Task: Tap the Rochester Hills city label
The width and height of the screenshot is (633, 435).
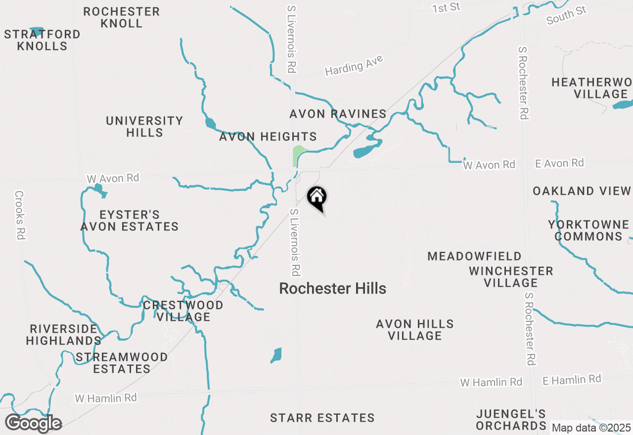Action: [x=332, y=289]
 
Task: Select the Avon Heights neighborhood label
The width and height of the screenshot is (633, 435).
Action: [x=268, y=137]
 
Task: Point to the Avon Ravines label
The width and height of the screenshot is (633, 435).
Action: [x=338, y=114]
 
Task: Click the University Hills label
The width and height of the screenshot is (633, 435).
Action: [x=144, y=127]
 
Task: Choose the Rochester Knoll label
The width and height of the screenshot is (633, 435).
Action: [x=121, y=17]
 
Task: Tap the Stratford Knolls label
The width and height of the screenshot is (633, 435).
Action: [x=42, y=40]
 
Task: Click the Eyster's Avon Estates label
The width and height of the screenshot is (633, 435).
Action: [x=130, y=220]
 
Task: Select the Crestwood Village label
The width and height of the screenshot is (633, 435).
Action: [x=183, y=311]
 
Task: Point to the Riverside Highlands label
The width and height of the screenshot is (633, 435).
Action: [x=63, y=335]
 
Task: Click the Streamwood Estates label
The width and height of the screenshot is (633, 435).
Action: [x=122, y=363]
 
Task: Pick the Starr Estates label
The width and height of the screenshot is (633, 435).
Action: [x=322, y=418]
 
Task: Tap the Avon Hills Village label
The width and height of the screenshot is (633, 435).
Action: [x=414, y=330]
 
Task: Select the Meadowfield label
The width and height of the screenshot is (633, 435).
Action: [x=474, y=256]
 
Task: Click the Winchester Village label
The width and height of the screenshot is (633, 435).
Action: [x=511, y=277]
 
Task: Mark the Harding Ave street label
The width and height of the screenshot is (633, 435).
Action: [x=354, y=66]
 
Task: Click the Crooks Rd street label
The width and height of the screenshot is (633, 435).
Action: [x=20, y=216]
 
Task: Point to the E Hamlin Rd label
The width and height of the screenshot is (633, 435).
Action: [x=572, y=380]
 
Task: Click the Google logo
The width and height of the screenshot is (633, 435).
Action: [x=34, y=424]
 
